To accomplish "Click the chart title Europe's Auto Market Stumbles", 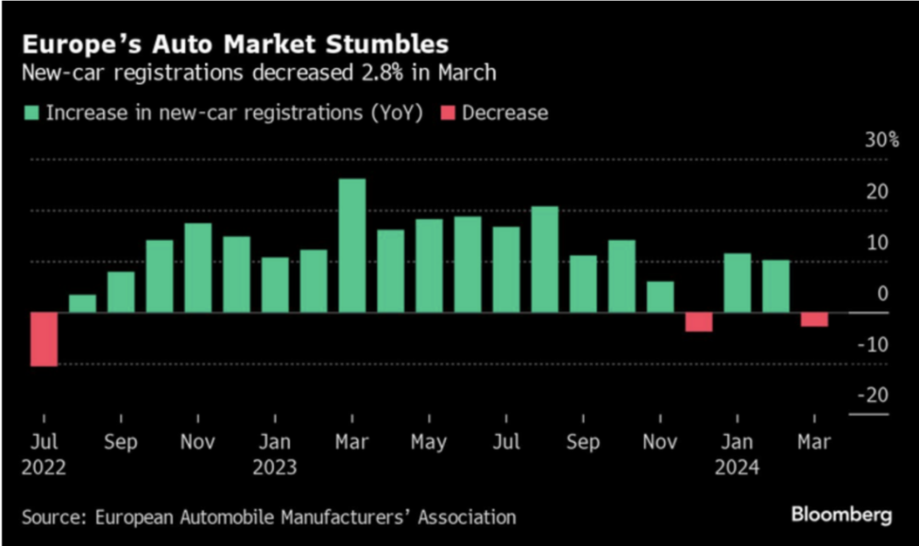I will tap(236, 43).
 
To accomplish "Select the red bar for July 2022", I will tap(43, 339).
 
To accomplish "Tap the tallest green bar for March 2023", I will tap(351, 245).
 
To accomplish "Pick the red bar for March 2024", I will tap(814, 319).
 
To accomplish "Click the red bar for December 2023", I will tap(699, 322).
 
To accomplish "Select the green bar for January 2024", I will tap(737, 283).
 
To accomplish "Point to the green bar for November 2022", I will tap(198, 267).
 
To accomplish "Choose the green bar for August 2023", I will tap(545, 259).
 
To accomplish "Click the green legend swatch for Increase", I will tap(31, 113).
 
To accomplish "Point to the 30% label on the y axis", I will tap(882, 140).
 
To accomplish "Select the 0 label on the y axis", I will tap(882, 293).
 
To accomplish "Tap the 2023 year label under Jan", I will tap(275, 468).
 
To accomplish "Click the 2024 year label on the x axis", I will tap(737, 468).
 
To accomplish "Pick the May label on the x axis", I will tap(429, 443).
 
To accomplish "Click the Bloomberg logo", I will tap(842, 514).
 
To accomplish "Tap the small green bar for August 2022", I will tap(83, 303).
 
